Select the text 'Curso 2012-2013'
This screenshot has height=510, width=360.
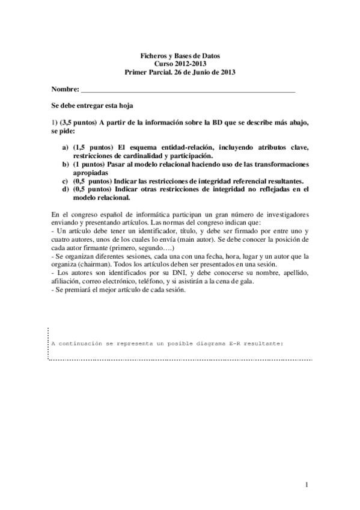(x=180, y=63)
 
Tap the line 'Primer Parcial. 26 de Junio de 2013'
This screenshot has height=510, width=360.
(x=180, y=72)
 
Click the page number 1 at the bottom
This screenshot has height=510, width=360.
(x=306, y=484)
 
